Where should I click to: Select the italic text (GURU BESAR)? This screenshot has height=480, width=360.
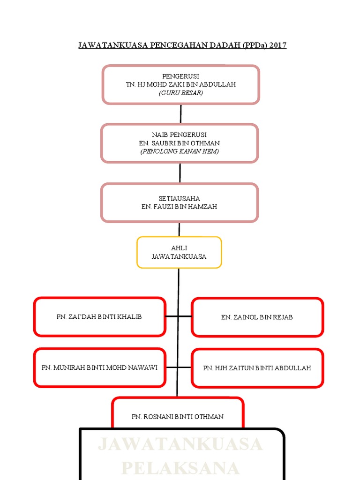(x=180, y=93)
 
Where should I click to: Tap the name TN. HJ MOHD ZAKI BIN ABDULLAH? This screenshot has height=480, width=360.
(x=180, y=84)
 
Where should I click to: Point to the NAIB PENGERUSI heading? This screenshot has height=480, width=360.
(x=179, y=135)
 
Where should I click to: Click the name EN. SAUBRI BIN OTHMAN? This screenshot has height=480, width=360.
(x=179, y=143)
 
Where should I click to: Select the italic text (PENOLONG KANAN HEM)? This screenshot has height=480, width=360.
(x=179, y=151)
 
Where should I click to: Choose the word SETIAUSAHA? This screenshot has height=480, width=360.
(x=179, y=198)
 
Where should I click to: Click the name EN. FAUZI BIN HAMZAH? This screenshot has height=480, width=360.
(x=179, y=207)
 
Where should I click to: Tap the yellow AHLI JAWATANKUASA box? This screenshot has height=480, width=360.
(x=179, y=252)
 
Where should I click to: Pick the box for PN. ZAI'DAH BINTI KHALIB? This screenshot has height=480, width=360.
(x=99, y=317)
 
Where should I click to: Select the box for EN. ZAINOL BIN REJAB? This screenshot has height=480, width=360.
(x=257, y=317)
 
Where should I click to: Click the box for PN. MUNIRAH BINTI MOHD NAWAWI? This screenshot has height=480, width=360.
(x=99, y=367)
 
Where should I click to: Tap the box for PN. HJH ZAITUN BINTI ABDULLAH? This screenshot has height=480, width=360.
(x=257, y=368)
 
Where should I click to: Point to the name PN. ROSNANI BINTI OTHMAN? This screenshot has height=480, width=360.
(x=178, y=416)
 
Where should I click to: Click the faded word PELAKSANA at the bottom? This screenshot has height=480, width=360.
(x=181, y=468)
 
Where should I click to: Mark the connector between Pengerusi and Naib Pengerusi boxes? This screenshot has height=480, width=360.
(x=180, y=114)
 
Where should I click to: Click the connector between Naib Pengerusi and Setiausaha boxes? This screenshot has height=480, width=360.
(x=180, y=173)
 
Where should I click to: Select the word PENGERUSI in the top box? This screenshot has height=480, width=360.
(x=180, y=76)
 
